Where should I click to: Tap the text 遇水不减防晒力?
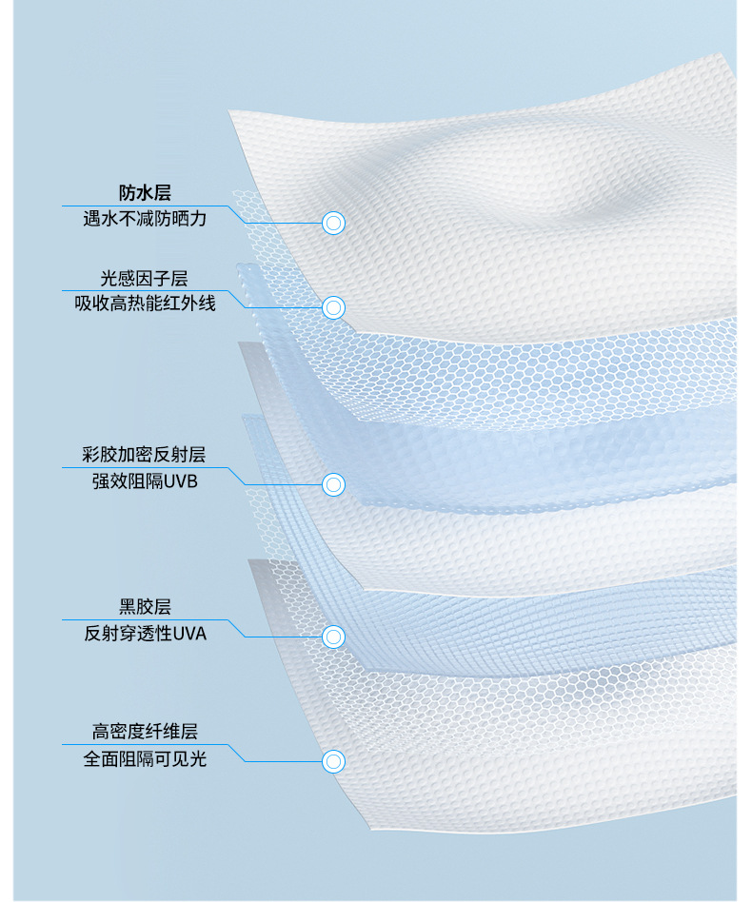[145, 219]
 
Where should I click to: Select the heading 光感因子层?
[145, 279]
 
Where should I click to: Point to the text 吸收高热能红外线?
[145, 304]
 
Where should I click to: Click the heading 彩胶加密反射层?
[145, 455]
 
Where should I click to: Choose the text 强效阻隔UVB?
[145, 480]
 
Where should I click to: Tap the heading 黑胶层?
[145, 607]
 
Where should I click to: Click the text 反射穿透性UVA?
[145, 633]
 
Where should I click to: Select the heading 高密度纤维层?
[145, 733]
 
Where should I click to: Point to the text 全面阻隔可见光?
[145, 758]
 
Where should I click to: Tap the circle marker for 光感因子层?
[333, 308]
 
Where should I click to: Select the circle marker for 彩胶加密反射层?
[333, 484]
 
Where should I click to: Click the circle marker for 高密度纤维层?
[333, 762]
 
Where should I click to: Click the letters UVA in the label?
[189, 633]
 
